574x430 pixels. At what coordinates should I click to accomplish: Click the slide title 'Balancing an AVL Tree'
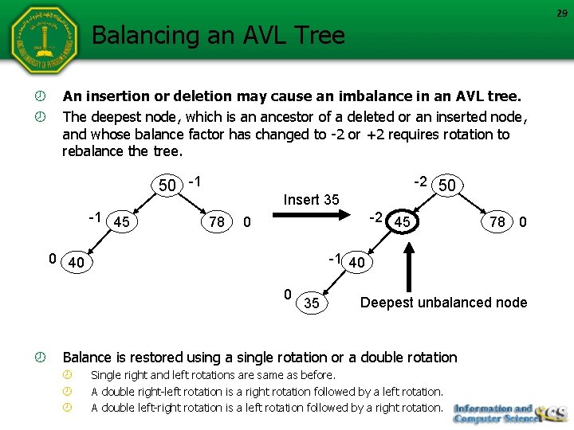[x=218, y=36]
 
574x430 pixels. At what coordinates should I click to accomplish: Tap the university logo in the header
[x=44, y=41]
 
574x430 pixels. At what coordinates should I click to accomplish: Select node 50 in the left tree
[x=167, y=186]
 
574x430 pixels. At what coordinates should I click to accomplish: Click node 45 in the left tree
[x=122, y=222]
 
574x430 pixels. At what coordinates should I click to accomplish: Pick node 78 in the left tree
[x=217, y=222]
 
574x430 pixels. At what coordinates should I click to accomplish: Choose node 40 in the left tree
[x=77, y=262]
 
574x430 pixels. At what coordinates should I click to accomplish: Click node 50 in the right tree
[x=448, y=186]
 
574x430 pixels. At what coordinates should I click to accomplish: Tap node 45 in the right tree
[x=403, y=222]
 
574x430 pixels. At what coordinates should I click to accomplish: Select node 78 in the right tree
[x=497, y=222]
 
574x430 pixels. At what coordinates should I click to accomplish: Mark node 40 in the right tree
[x=358, y=262]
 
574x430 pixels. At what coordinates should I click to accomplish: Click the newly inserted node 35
[x=312, y=303]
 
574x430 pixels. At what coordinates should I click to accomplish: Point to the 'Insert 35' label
[x=311, y=200]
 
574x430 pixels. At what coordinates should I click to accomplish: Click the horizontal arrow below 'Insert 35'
[x=311, y=215]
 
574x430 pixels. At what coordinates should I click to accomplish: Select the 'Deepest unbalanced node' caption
[x=443, y=303]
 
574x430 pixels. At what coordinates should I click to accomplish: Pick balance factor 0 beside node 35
[x=288, y=295]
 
